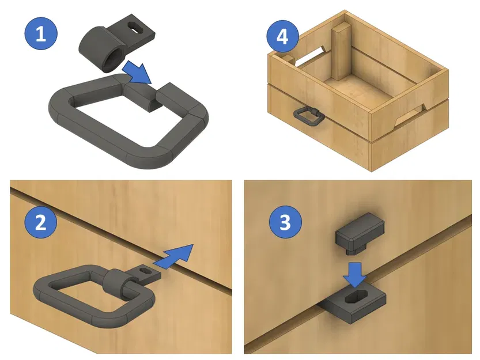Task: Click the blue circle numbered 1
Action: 40,34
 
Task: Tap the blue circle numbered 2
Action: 40,223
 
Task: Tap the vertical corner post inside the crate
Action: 341,51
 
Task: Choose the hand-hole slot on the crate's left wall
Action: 308,56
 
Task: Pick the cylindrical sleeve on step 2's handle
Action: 118,281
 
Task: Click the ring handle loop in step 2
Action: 63,294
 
